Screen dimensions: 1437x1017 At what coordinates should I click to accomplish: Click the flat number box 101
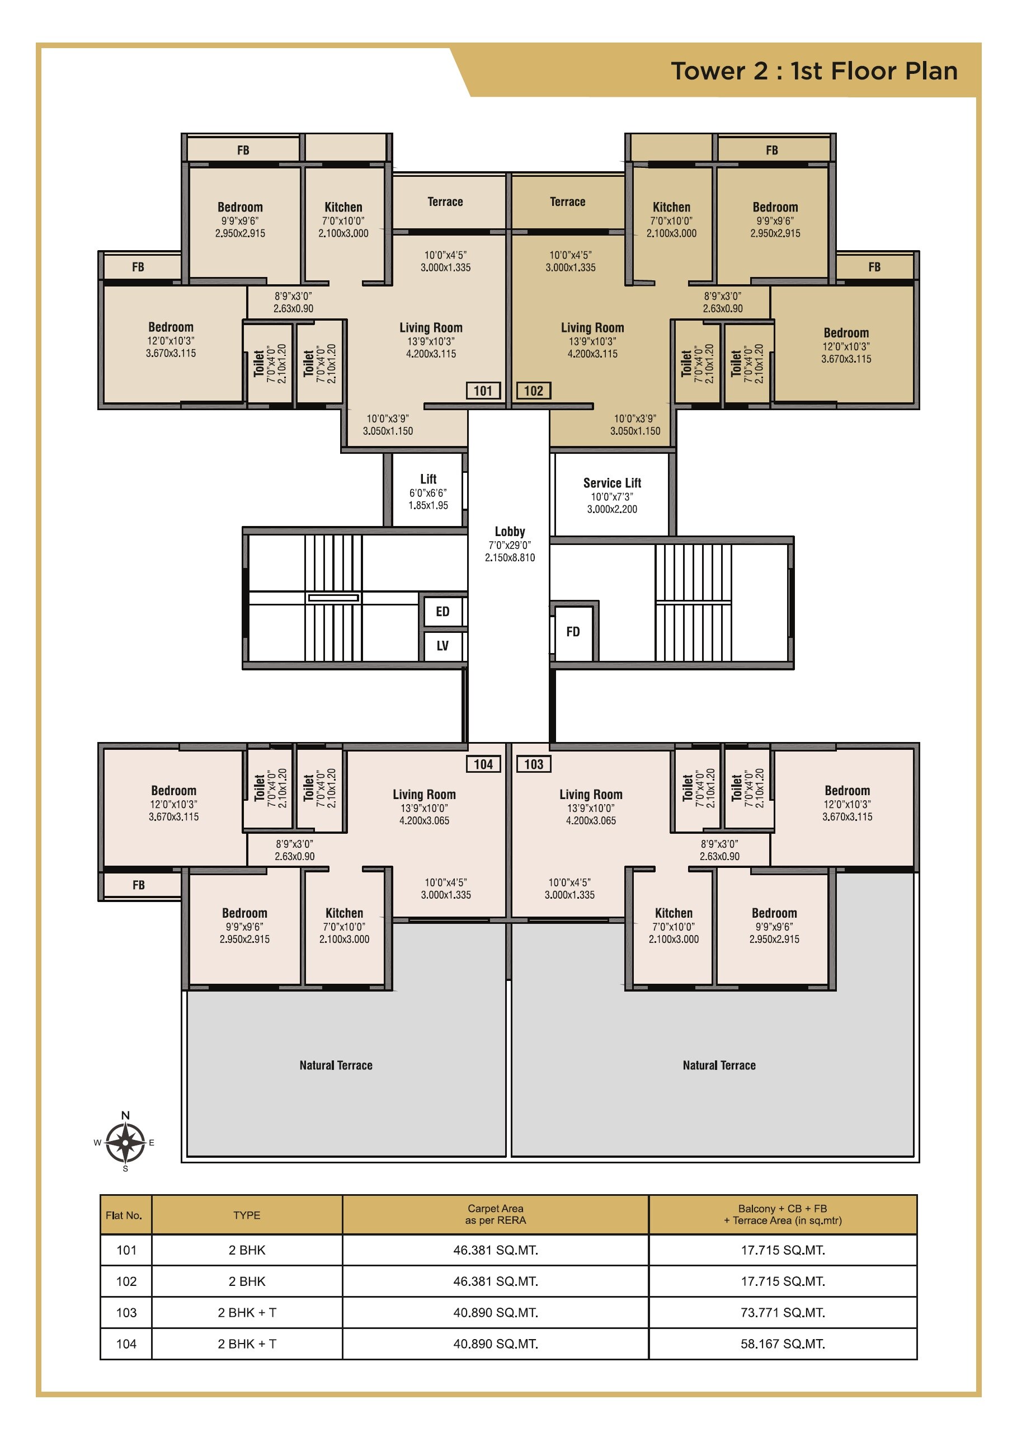[483, 391]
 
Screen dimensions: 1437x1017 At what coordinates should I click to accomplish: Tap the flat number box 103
[534, 764]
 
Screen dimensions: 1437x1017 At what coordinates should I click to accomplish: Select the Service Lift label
[612, 483]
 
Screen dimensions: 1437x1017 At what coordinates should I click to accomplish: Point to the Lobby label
[510, 532]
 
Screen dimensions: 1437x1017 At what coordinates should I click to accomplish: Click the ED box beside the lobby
[442, 612]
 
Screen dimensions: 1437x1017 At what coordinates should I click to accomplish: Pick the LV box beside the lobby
[442, 646]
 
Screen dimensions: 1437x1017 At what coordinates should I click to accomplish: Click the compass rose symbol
[125, 1142]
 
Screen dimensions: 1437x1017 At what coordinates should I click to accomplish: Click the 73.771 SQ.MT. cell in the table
[782, 1312]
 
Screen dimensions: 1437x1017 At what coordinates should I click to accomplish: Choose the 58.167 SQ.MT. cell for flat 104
[782, 1344]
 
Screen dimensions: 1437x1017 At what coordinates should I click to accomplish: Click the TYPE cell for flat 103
[247, 1312]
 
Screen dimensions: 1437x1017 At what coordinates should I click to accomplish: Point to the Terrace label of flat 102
[567, 201]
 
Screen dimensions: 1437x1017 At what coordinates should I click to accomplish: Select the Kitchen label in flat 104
[344, 913]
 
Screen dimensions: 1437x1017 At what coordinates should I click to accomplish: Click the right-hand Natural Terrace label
[719, 1065]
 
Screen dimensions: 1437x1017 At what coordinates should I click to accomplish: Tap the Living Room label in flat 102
[592, 327]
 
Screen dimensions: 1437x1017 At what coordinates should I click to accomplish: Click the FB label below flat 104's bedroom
[138, 885]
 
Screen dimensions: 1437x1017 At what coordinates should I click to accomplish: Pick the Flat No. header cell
[124, 1215]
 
